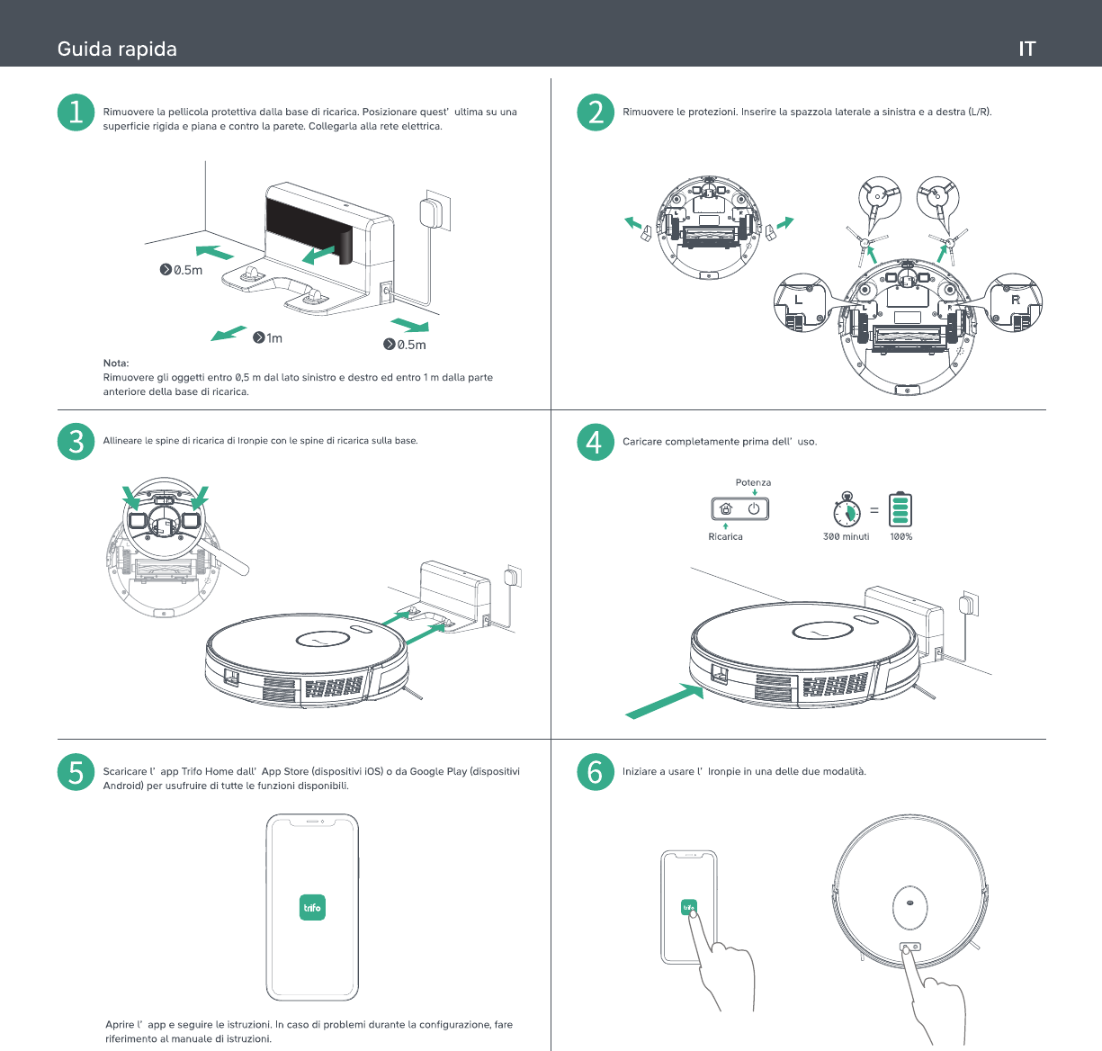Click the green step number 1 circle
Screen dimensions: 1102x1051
point(76,112)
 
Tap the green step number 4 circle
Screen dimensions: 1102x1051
point(596,442)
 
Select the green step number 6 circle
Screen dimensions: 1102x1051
point(596,772)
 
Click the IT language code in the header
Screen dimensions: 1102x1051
point(1027,49)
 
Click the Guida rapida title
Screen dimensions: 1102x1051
point(117,49)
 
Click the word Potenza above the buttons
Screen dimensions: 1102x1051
point(753,482)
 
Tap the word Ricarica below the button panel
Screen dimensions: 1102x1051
point(725,536)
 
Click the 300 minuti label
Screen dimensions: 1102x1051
point(846,536)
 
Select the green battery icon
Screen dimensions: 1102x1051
point(900,509)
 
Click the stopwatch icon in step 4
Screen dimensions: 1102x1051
point(847,509)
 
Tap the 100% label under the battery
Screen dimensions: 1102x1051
point(900,536)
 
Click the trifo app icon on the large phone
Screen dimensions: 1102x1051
point(312,907)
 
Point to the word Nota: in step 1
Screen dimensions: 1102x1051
point(116,363)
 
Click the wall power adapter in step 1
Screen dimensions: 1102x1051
point(431,212)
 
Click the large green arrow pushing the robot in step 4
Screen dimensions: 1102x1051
point(665,701)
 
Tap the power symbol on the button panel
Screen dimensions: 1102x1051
point(754,508)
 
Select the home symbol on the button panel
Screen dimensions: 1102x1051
point(726,508)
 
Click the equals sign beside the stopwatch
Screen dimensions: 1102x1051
point(874,510)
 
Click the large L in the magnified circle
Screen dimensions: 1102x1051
point(798,300)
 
